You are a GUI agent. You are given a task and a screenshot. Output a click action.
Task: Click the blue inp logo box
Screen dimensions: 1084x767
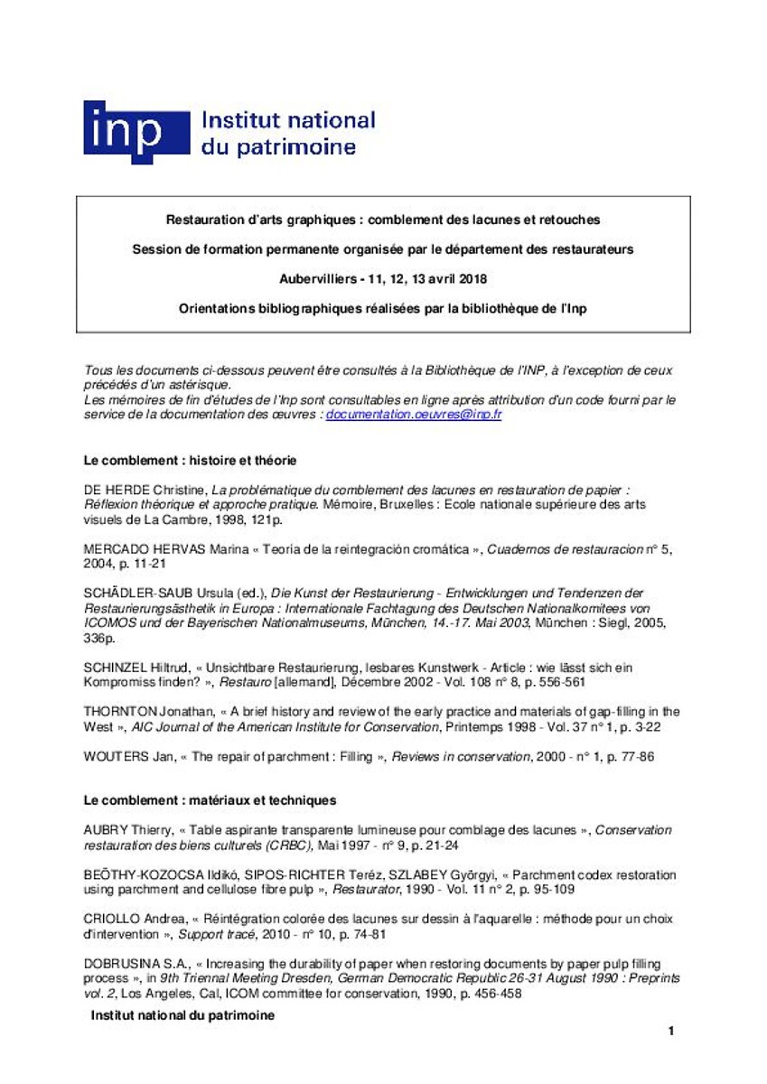coord(136,131)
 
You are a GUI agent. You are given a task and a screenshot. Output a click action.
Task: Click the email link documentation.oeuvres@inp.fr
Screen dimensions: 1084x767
coord(413,415)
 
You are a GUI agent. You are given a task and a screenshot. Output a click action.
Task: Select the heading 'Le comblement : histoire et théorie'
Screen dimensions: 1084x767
coord(190,461)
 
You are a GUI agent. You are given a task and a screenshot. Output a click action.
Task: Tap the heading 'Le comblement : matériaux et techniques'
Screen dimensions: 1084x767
coord(210,800)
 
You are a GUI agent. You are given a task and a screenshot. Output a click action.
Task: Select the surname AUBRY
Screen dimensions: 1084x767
coord(104,829)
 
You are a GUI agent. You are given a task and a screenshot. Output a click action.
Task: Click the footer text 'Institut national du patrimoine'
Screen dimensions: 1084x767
coord(182,1015)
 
